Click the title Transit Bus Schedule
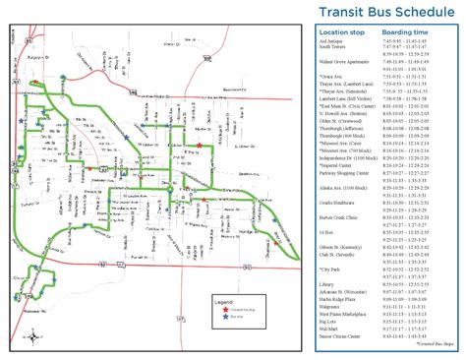[384, 13]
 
